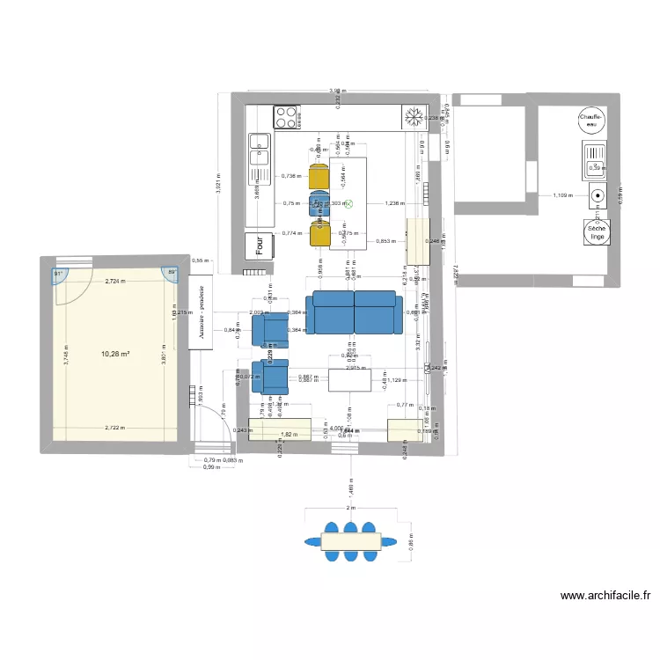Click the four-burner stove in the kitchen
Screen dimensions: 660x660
click(x=287, y=116)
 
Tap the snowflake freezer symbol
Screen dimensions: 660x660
click(x=411, y=116)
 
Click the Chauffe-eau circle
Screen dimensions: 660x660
click(x=589, y=121)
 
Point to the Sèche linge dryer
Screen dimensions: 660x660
click(x=597, y=232)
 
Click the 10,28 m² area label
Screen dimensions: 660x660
click(x=115, y=354)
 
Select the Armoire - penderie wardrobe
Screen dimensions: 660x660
click(x=202, y=315)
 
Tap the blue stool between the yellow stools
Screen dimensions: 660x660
click(x=319, y=204)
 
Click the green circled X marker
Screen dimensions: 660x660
click(x=348, y=203)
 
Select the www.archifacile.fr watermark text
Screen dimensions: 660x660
click(x=605, y=596)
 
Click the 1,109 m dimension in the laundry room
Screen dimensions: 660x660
click(x=562, y=195)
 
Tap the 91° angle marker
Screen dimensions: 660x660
click(x=59, y=274)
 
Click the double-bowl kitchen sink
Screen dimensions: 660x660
click(x=260, y=150)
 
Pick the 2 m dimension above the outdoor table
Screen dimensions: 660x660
click(x=351, y=509)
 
